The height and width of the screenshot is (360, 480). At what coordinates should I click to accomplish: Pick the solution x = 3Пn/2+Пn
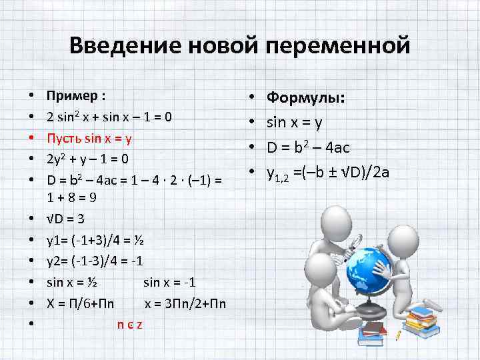185,303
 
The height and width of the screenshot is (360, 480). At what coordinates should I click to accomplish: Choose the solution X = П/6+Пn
80,303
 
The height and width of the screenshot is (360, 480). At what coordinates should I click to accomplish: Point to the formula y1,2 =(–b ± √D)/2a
327,173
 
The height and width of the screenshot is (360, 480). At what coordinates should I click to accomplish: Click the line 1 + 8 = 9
73,197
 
